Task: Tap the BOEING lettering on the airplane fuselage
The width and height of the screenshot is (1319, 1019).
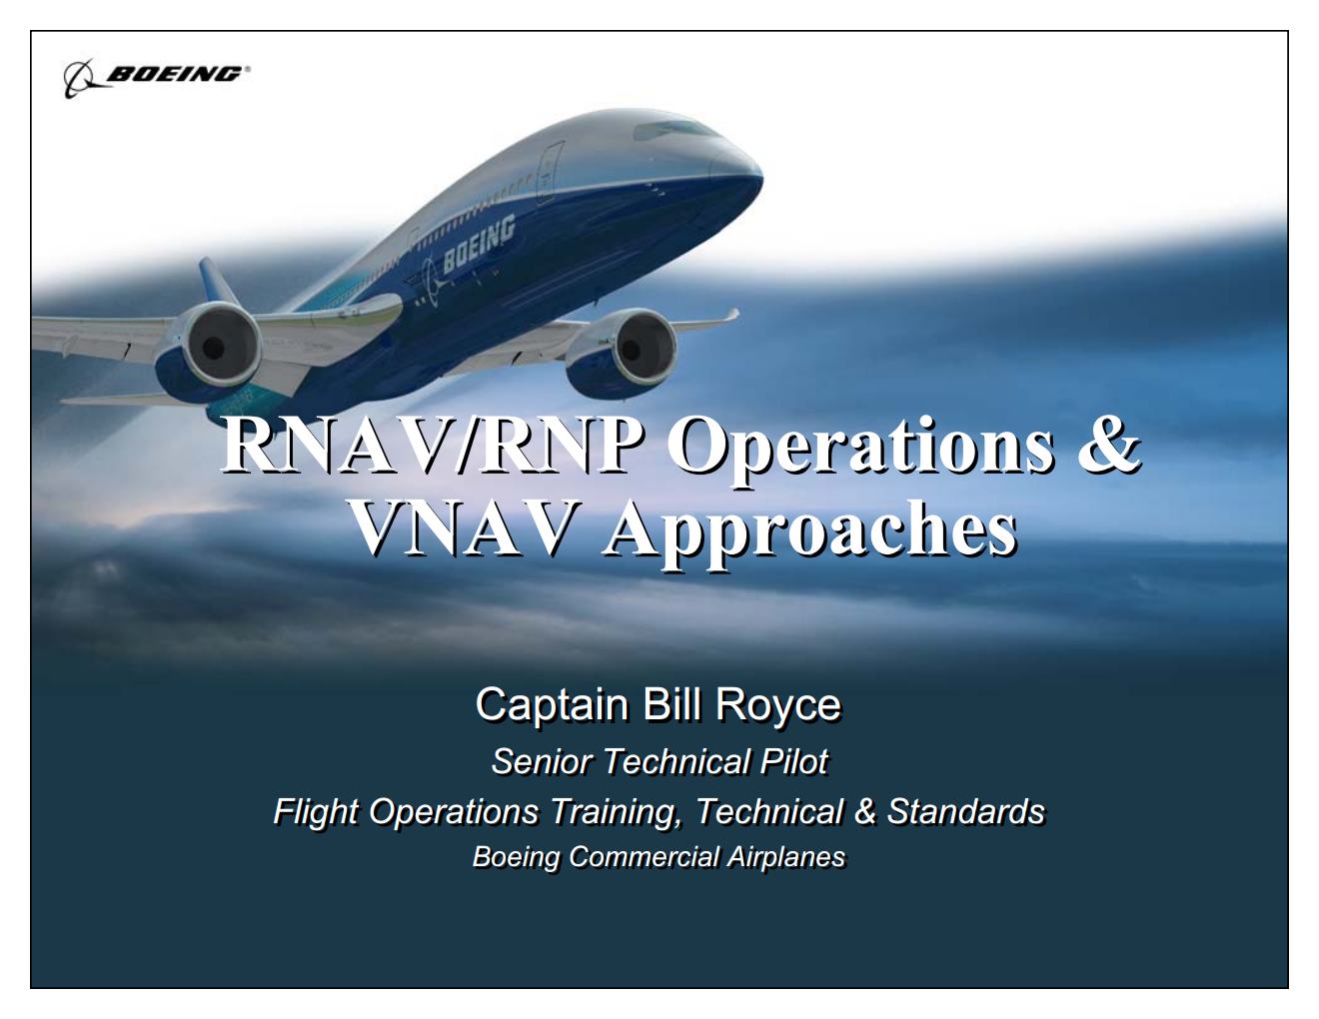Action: (479, 244)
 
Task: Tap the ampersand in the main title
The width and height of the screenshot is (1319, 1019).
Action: (1108, 444)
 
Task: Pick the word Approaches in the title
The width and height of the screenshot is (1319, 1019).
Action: (809, 529)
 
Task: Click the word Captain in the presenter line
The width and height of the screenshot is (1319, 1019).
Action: (552, 704)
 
